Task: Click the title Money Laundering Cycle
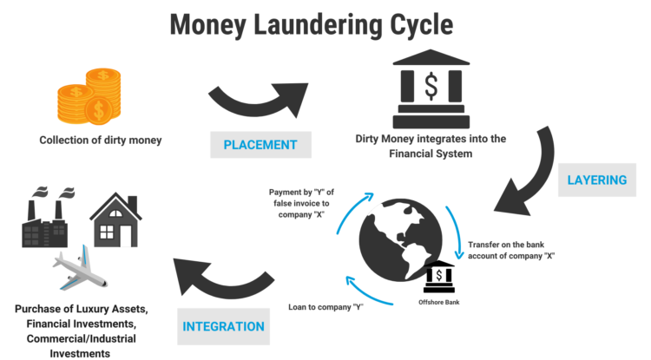[325, 23]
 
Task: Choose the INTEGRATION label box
[224, 326]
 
